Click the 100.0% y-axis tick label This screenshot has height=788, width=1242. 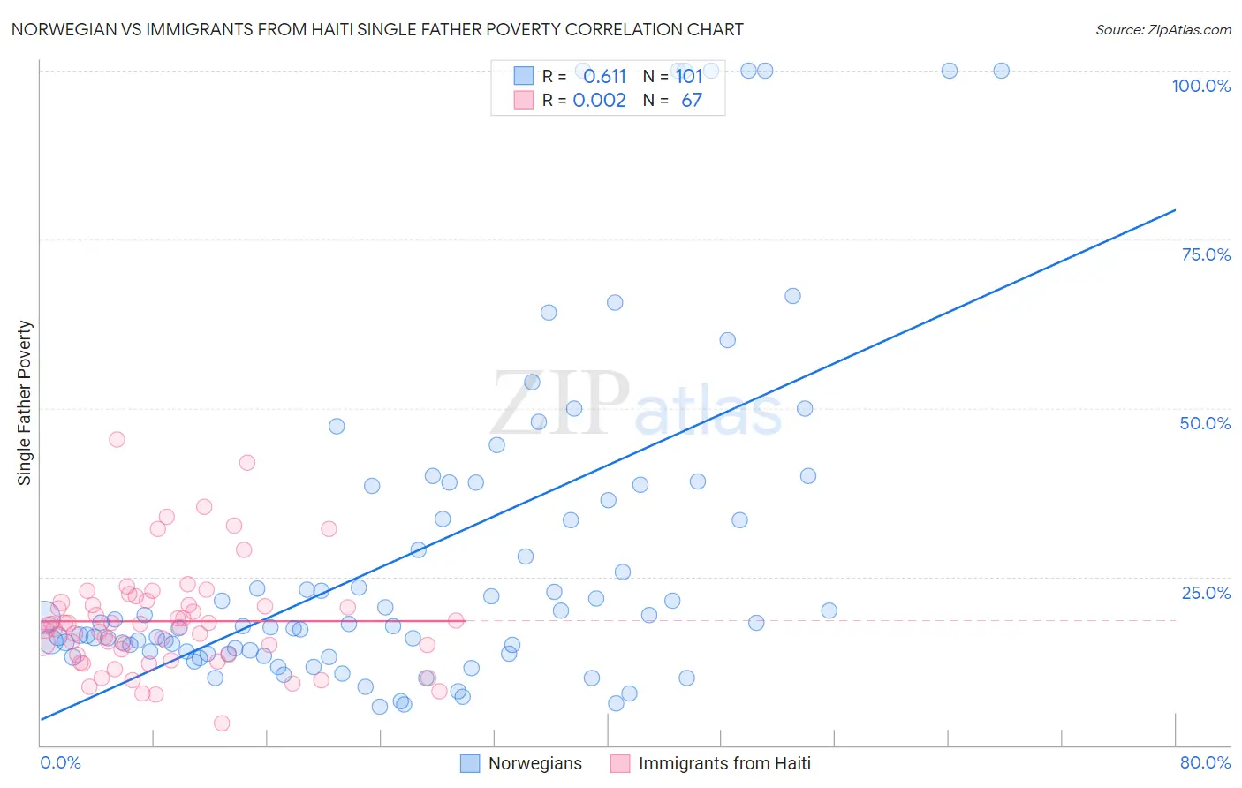1200,86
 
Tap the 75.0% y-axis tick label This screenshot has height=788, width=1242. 1206,254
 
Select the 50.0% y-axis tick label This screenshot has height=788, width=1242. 1205,423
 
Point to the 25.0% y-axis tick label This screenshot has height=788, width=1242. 1206,592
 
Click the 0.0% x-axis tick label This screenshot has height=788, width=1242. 60,762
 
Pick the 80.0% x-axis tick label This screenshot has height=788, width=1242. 1205,762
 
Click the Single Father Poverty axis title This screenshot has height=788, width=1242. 25,403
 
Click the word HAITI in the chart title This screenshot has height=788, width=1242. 325,29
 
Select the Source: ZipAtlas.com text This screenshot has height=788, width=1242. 1162,29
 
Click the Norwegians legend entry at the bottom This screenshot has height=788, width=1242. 521,763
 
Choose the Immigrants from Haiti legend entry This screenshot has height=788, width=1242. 710,763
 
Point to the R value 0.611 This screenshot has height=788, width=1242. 604,77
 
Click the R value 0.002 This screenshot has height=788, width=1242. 599,101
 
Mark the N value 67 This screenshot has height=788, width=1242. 692,101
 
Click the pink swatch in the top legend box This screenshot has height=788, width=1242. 524,100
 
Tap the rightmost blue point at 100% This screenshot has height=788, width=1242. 1001,71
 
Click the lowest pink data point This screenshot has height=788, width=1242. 222,724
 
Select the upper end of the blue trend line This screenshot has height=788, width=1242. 1175,210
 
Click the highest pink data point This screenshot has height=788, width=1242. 117,439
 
